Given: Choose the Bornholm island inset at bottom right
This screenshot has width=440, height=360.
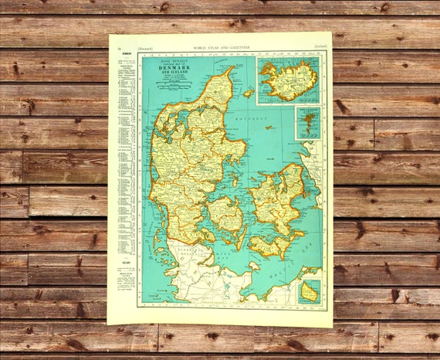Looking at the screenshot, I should click(310, 292).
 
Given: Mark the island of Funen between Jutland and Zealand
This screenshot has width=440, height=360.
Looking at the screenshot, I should click(225, 214).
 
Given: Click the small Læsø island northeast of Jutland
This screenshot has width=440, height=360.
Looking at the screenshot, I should click(249, 93).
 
